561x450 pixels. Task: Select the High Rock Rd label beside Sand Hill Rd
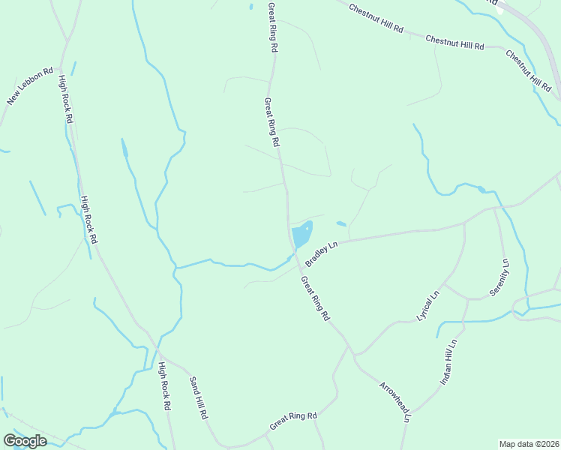pos(165,386)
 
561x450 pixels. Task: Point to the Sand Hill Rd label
pos(197,397)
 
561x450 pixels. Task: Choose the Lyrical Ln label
pos(427,304)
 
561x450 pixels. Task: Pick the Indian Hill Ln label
pos(448,362)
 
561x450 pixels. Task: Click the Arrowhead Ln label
pos(394,403)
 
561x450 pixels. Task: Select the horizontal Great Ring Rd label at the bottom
pos(293,421)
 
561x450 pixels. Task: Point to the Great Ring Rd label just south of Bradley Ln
pos(315,298)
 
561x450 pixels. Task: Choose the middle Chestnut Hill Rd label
pos(454,43)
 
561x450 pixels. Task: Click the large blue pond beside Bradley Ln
pos(302,234)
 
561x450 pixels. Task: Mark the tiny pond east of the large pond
pos(341,223)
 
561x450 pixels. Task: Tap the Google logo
pos(25,441)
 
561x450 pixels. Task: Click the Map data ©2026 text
pos(529,444)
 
